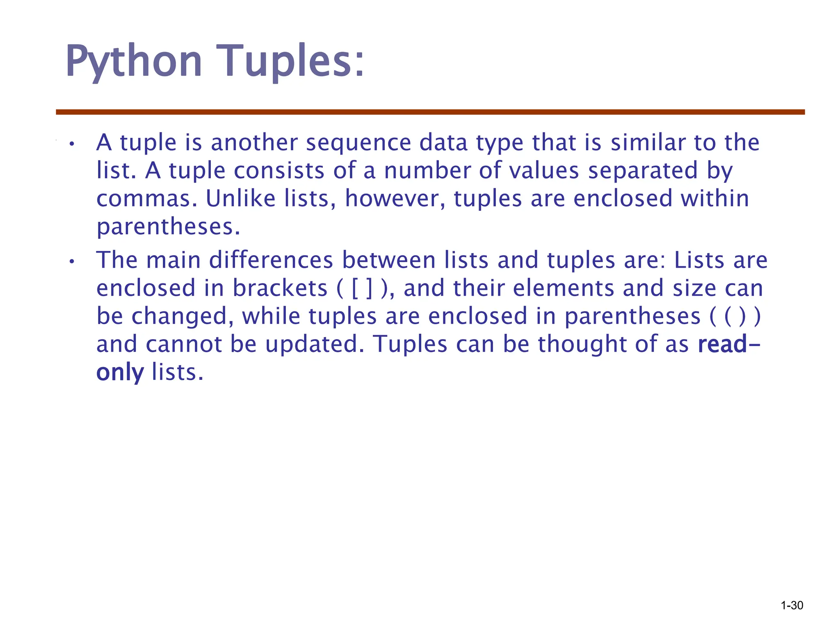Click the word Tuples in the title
click(x=290, y=62)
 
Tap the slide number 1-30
click(x=792, y=605)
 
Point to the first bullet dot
click(x=72, y=144)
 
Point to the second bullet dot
click(x=72, y=262)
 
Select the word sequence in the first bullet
click(x=358, y=143)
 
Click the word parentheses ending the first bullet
click(x=168, y=227)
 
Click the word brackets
click(x=280, y=288)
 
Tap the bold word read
click(x=722, y=345)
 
